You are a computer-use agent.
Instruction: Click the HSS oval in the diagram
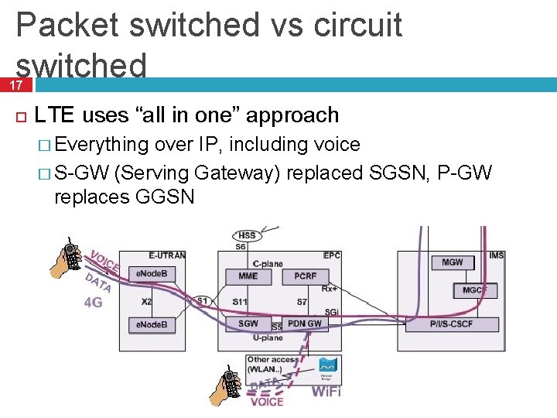coord(247,235)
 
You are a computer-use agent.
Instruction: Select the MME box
coord(248,276)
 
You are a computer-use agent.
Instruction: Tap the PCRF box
coord(305,276)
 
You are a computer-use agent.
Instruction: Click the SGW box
coord(248,324)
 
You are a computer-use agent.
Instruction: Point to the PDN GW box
coord(305,324)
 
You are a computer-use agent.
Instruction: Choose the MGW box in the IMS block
coord(453,262)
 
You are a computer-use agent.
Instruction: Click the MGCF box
coord(473,290)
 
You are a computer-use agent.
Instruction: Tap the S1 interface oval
coord(201,300)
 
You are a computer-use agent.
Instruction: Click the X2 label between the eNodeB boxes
coord(146,301)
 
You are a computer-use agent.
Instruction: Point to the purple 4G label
coord(93,303)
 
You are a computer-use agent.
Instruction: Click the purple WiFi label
coord(326,392)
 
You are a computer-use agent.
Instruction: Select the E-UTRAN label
coord(166,255)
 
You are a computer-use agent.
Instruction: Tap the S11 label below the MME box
coord(240,300)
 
